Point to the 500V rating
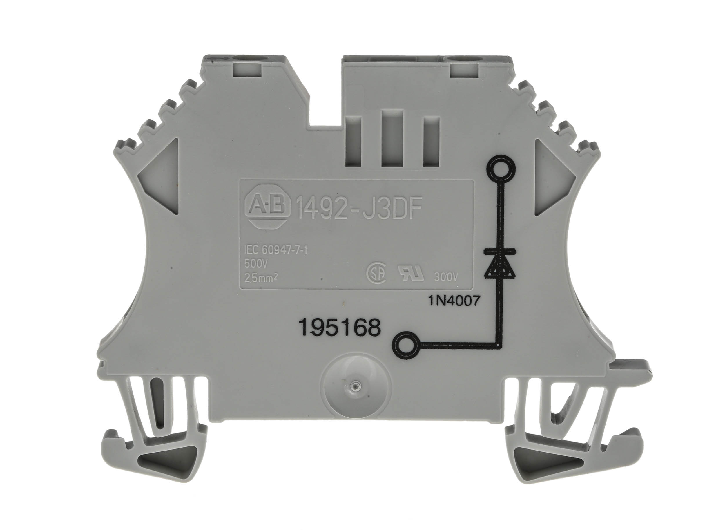(x=255, y=264)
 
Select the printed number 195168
(x=340, y=328)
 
